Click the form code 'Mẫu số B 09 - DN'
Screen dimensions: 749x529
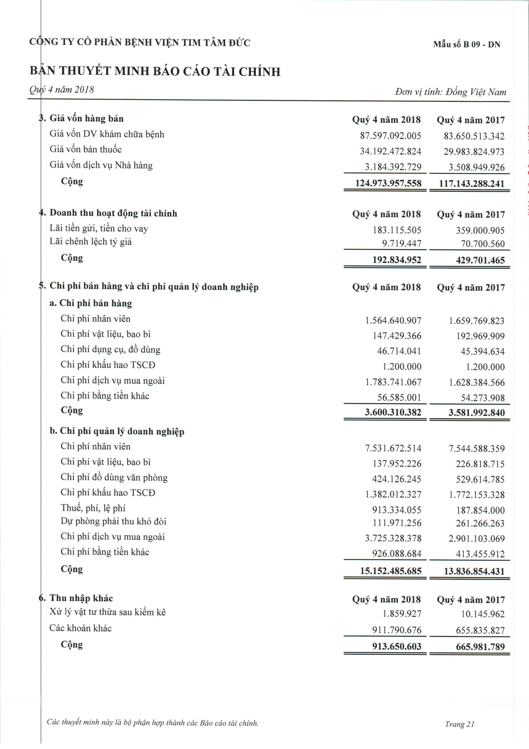467,44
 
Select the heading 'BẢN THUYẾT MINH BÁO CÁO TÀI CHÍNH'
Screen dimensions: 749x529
155,71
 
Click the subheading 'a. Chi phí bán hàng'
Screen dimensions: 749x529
91,303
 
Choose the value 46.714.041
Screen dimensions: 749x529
399,351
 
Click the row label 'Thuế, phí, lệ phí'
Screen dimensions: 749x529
93,508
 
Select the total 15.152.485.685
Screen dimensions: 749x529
391,571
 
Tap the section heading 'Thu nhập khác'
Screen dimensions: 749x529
81,598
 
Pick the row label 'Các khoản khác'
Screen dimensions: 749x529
81,628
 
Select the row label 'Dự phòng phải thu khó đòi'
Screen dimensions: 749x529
113,521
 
